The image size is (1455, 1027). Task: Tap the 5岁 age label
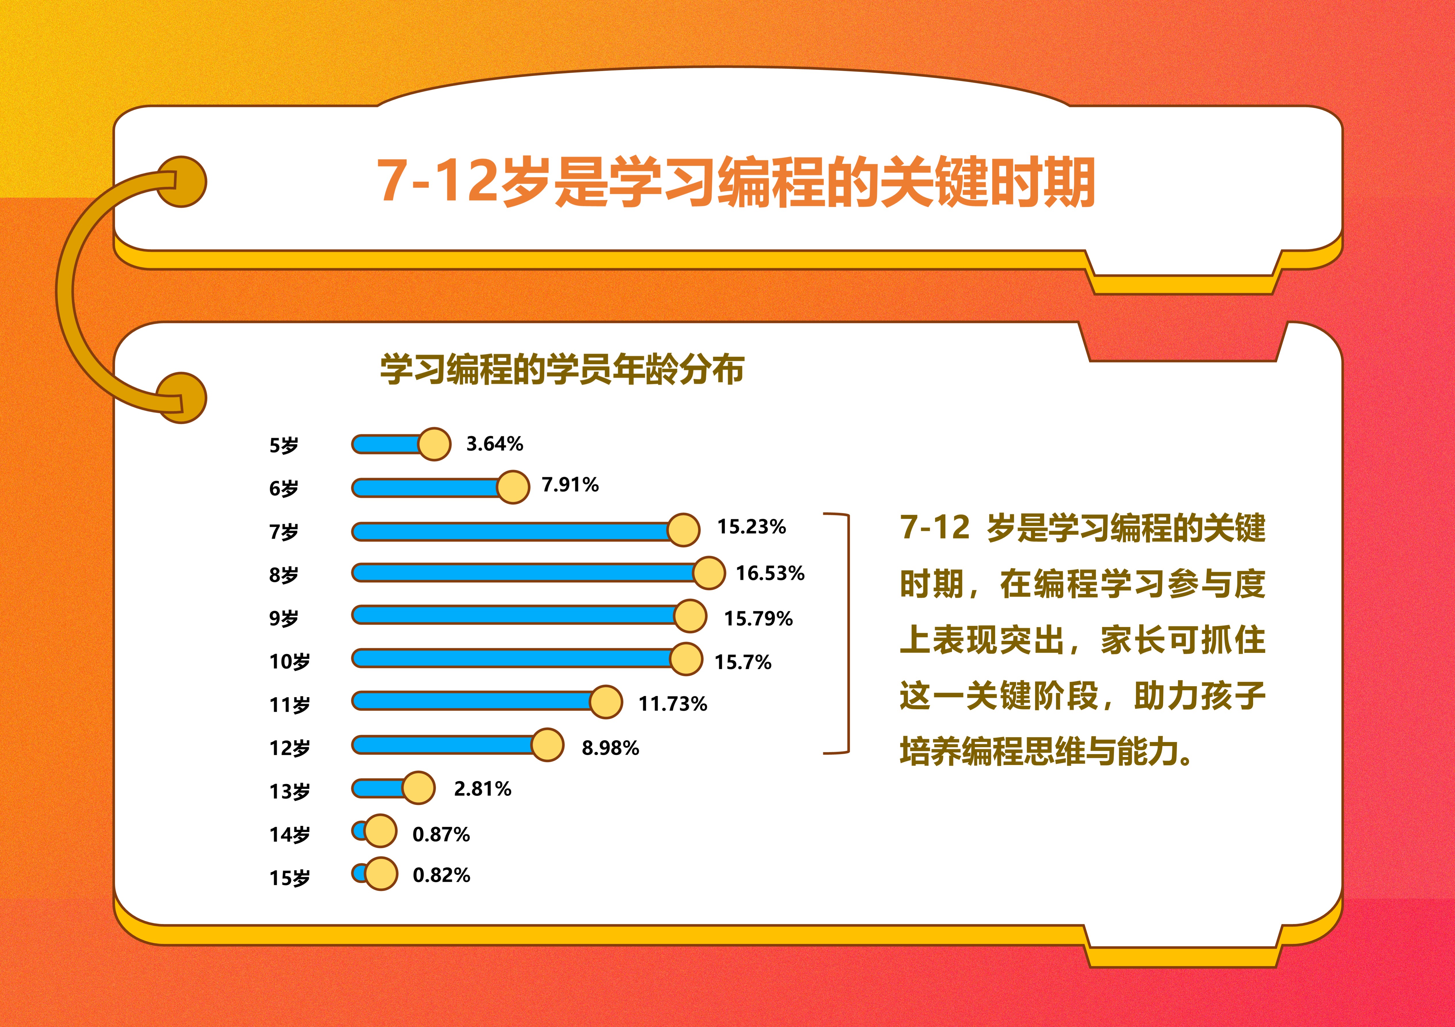283,445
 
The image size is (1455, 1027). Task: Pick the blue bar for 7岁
510,531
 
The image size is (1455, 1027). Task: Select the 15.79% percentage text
758,618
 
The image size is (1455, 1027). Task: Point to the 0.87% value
441,834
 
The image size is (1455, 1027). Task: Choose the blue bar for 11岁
472,701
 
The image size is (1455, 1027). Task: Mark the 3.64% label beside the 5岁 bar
494,443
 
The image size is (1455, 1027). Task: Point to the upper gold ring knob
182,182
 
